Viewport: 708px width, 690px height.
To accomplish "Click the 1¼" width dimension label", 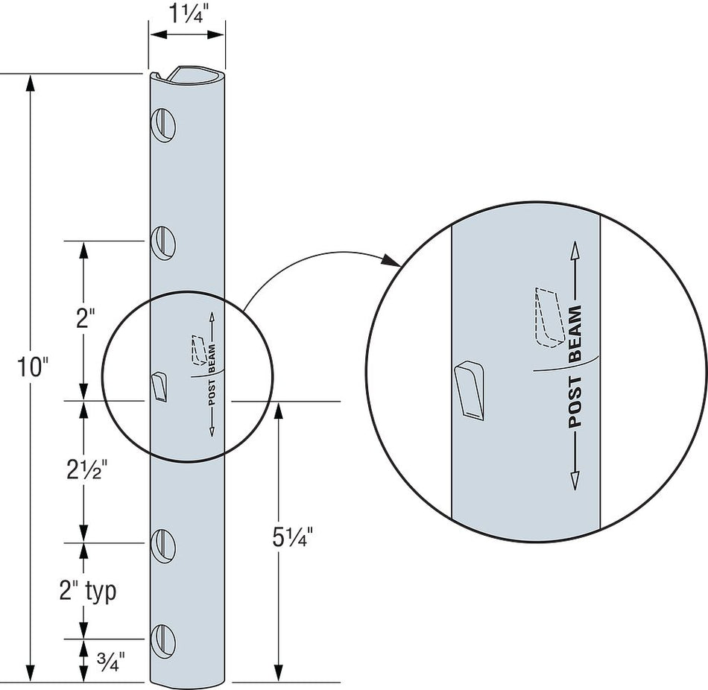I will coord(187,13).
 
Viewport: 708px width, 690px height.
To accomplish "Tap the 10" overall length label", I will coord(34,369).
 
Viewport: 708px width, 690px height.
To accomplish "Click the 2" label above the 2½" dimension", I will coord(86,320).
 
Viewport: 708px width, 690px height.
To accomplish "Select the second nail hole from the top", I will coord(164,241).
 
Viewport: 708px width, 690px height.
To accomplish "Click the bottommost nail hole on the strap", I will coord(164,639).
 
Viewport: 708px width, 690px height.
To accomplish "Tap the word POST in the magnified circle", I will coord(575,402).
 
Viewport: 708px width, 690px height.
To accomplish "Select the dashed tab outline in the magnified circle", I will coord(548,317).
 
